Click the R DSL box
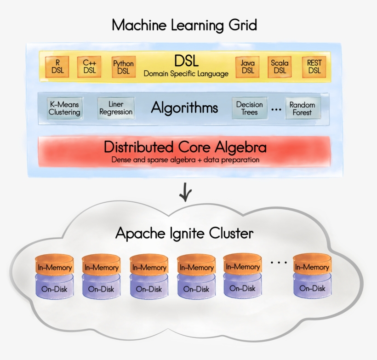tap(58, 67)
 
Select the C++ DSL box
tap(89, 67)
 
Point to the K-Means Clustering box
tap(64, 109)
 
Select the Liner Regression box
tap(116, 108)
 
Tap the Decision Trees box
tap(249, 109)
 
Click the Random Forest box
tap(302, 109)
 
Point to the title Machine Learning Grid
tap(184, 25)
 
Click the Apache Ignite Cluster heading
tap(184, 234)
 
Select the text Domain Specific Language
tap(186, 74)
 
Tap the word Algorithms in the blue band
tap(184, 108)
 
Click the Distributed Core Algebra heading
tap(185, 147)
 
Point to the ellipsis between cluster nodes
tap(279, 263)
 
